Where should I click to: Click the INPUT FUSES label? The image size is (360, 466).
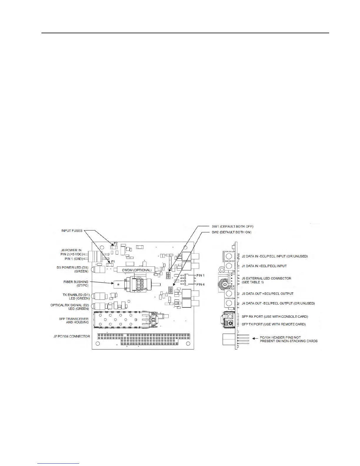(72, 231)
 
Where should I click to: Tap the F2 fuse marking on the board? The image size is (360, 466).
(116, 244)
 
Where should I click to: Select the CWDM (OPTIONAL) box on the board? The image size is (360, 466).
(135, 270)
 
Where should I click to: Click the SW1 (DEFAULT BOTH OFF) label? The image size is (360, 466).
(232, 227)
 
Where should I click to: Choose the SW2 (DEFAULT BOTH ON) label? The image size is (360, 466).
(231, 232)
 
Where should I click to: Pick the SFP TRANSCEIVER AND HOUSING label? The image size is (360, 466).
(74, 320)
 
